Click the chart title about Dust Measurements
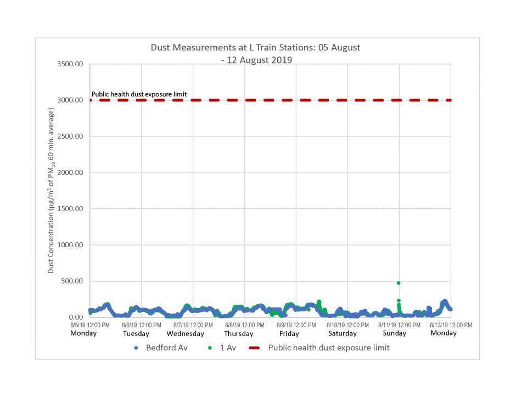pos(255,53)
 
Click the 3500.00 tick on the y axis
pos(70,64)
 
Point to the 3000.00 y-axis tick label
pos(70,100)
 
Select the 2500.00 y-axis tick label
pos(70,137)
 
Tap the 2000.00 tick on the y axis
pos(70,173)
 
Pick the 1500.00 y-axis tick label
pos(70,209)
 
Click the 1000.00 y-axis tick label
pos(70,245)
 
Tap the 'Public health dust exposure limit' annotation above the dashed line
pos(139,94)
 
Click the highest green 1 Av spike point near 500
pos(399,283)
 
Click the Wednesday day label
pos(185,334)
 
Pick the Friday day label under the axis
pos(289,334)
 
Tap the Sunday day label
pos(394,333)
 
